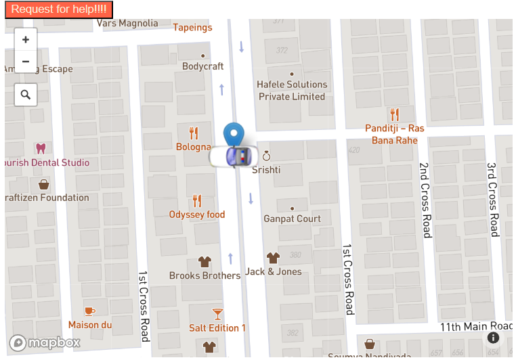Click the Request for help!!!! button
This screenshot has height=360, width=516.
coord(59,9)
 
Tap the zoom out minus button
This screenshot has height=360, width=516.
coord(26,62)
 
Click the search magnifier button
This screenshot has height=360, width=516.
coord(26,95)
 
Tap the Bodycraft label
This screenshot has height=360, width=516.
coord(202,66)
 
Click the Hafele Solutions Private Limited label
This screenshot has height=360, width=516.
coord(292,91)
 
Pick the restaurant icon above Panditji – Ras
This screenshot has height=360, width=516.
coord(395,114)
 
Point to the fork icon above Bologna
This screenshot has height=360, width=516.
coord(194,133)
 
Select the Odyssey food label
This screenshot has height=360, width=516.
coord(197,215)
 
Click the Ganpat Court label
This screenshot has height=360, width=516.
coord(292,219)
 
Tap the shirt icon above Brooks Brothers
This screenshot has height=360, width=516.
coord(205,262)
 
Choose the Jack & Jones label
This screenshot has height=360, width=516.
coord(274,271)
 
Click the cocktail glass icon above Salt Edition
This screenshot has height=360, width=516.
coord(217,314)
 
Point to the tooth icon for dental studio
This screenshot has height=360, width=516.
coord(41,148)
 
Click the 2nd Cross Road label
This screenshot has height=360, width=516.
coord(425,200)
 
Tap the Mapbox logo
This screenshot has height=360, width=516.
coord(45,343)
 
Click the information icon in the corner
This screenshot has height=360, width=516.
coord(493,337)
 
